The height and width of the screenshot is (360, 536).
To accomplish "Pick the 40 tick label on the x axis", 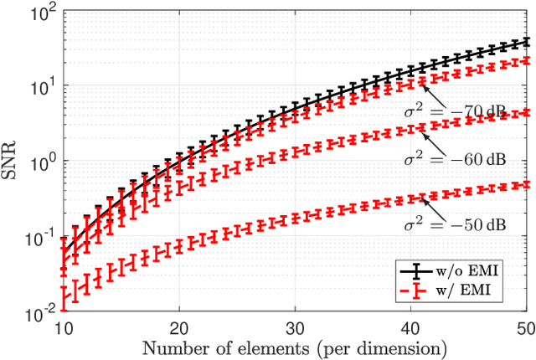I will coord(410,327).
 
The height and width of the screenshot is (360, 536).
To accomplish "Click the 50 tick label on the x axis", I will coord(523,327).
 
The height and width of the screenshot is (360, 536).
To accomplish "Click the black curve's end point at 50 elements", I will coord(524,41).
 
